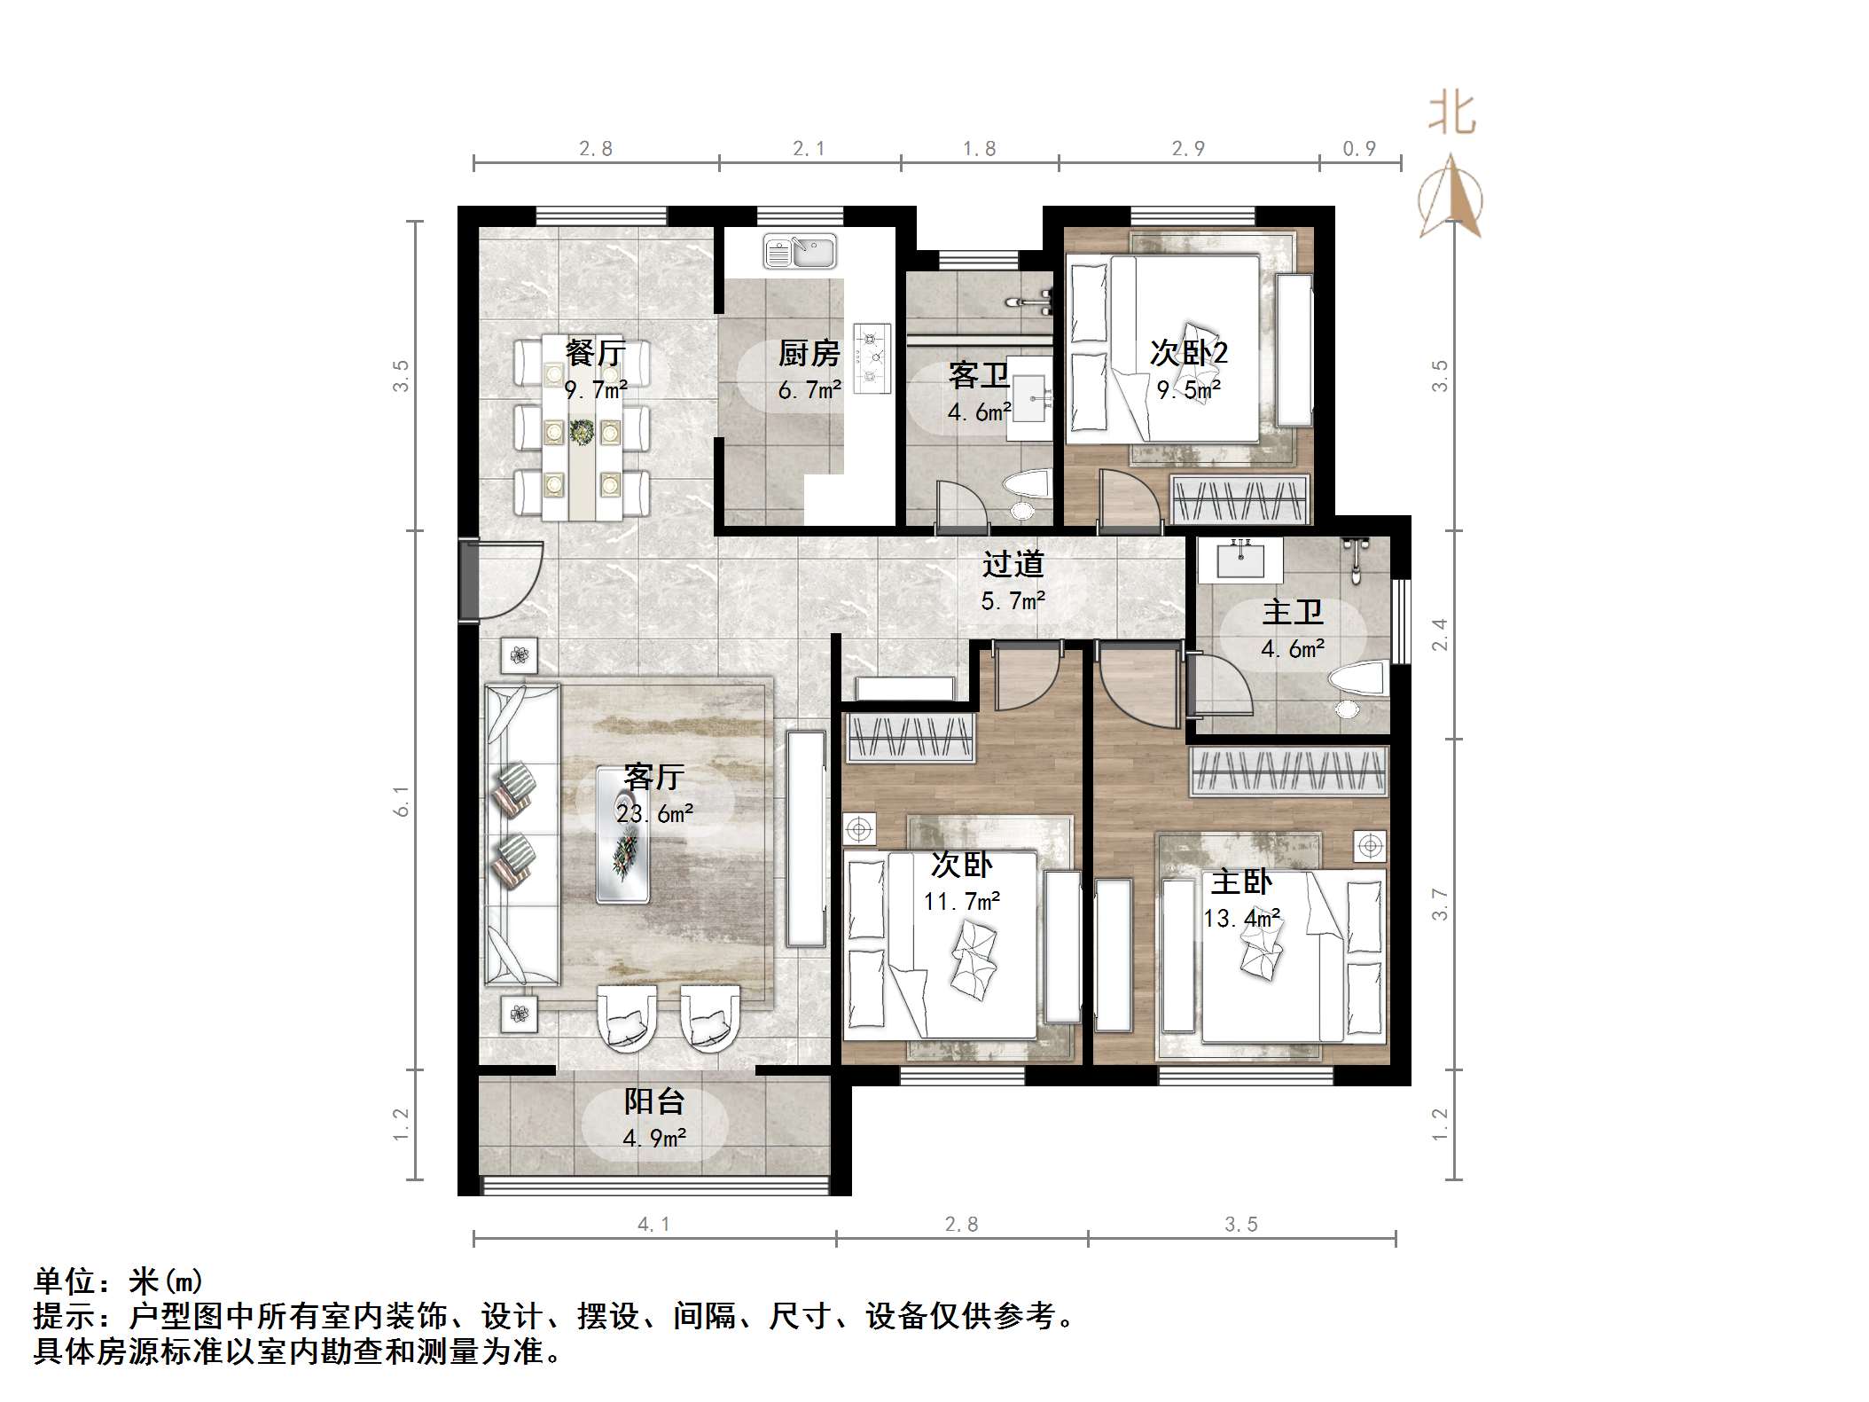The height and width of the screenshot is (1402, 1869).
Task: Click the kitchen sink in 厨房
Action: (x=800, y=252)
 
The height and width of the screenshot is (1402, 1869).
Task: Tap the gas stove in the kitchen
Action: (x=872, y=358)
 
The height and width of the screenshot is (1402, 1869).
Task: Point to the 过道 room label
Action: (x=1013, y=564)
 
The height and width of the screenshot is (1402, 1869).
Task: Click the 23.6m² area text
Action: (x=654, y=813)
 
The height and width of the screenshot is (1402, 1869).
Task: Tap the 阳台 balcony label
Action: (x=654, y=1101)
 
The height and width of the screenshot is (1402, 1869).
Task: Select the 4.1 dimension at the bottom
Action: (x=654, y=1225)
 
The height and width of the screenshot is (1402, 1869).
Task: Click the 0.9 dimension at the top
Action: (x=1359, y=149)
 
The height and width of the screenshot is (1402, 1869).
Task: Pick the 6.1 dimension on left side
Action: (x=403, y=801)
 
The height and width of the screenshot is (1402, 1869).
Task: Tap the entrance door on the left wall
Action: (x=501, y=580)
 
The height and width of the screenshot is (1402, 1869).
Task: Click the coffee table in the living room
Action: (x=623, y=835)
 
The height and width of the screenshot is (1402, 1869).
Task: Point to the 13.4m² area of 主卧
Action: (x=1241, y=918)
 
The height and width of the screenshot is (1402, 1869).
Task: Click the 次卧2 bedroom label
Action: (x=1188, y=353)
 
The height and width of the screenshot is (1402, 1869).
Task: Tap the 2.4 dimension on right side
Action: (x=1440, y=634)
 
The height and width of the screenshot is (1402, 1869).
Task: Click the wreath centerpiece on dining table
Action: (x=582, y=432)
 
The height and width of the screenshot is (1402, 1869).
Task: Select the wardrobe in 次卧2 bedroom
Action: (x=1239, y=500)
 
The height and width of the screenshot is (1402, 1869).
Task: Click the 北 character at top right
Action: (x=1451, y=114)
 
